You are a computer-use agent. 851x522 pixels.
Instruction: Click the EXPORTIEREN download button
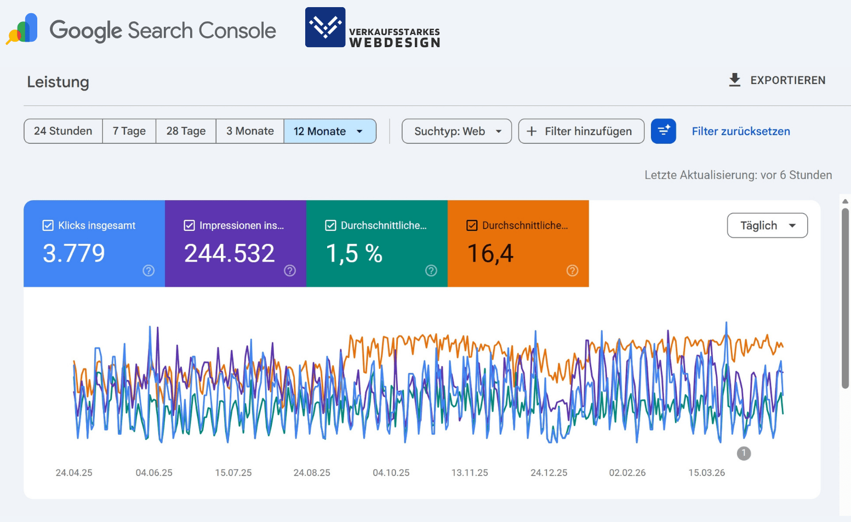[777, 80]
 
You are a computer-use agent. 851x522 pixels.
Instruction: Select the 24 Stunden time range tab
[63, 131]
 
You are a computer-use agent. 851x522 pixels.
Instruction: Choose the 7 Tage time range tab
[129, 131]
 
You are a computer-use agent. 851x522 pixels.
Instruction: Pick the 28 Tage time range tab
[186, 131]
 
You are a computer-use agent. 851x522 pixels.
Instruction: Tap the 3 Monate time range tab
[250, 131]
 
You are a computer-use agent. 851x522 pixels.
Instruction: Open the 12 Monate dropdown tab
[329, 131]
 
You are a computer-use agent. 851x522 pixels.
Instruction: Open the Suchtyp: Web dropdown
[456, 131]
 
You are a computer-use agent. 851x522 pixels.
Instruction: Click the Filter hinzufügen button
[581, 131]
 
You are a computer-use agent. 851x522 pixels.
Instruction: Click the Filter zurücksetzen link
[740, 131]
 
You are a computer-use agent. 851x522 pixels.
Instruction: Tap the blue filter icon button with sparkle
[663, 131]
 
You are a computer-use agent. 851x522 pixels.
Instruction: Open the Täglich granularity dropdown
[767, 225]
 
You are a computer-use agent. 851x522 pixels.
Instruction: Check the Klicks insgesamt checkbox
[48, 225]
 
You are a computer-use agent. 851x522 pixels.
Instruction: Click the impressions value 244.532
[229, 253]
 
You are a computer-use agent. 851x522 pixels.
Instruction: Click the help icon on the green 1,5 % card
[431, 270]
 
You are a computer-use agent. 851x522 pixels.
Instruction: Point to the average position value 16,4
[490, 253]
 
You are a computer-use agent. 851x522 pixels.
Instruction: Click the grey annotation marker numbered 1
[744, 453]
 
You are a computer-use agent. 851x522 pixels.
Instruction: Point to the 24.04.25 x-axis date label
[74, 473]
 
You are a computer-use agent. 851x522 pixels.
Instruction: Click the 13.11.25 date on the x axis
[470, 473]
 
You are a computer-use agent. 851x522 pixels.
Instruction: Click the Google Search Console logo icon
[22, 29]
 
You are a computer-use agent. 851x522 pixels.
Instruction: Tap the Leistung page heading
[58, 82]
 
